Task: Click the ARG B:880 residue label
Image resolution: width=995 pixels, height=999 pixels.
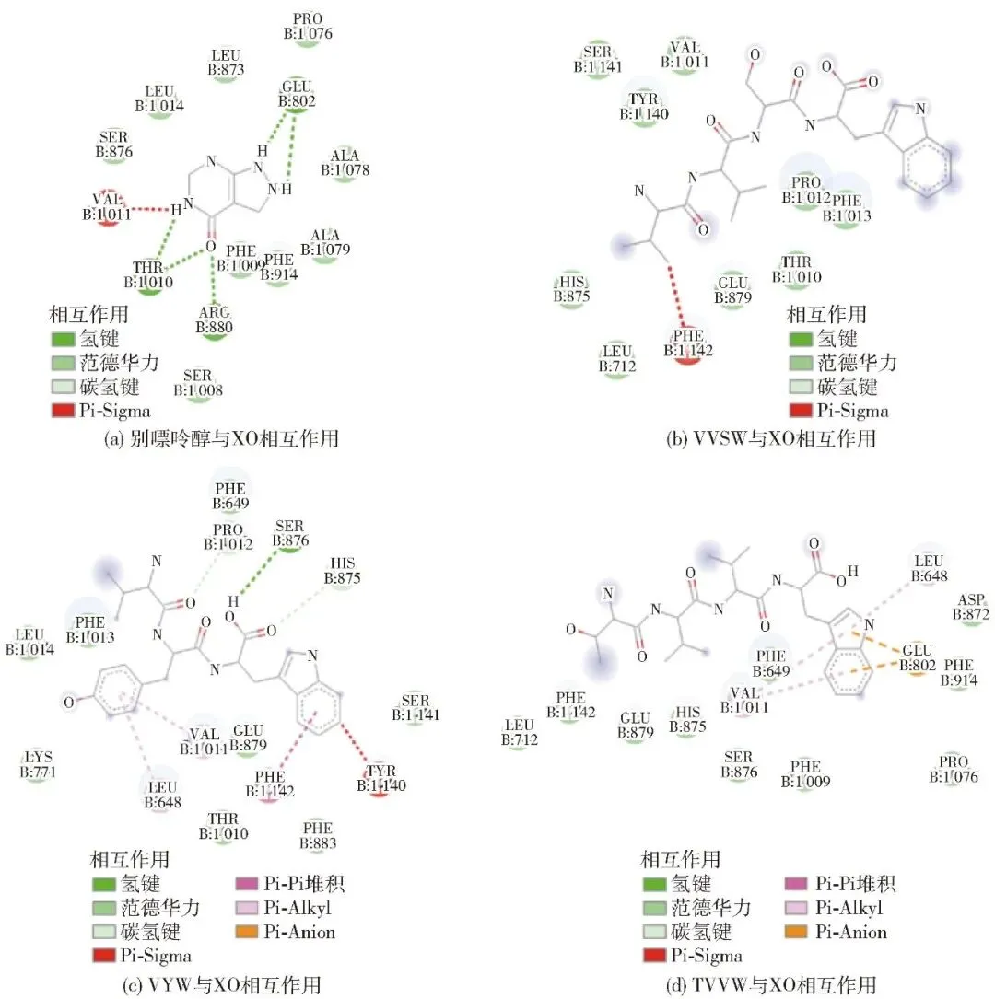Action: tap(214, 319)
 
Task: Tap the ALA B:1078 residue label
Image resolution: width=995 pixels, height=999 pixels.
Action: tap(345, 162)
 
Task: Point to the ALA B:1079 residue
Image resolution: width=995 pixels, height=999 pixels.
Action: tap(324, 243)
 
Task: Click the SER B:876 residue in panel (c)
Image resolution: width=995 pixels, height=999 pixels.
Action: tap(287, 534)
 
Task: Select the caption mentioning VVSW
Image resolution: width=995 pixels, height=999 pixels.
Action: tap(770, 439)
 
